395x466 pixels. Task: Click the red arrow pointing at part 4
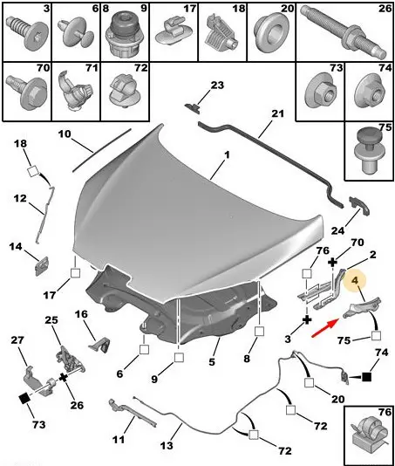click(325, 327)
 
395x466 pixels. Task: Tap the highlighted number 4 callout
click(355, 280)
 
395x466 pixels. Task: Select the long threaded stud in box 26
click(343, 31)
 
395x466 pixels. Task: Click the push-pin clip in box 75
click(369, 151)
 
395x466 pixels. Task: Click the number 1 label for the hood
click(227, 154)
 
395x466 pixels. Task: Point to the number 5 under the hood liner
click(212, 361)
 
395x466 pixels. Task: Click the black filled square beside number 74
click(367, 377)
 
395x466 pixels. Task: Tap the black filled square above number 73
click(24, 398)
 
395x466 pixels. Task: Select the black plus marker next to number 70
click(332, 262)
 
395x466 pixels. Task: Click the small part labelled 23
click(193, 107)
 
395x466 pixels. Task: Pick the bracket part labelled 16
click(99, 345)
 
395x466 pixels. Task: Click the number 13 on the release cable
click(167, 446)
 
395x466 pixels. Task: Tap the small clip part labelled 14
click(42, 265)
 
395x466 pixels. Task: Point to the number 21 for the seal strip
click(278, 113)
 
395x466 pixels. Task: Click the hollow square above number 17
click(75, 273)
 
